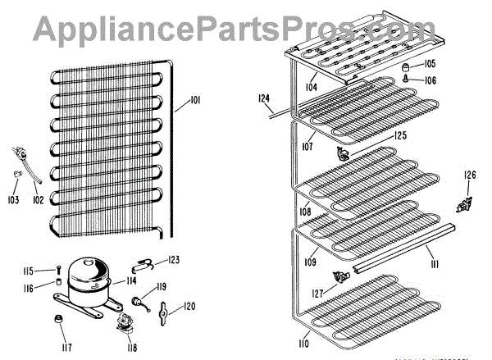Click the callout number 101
(x=195, y=101)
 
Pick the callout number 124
(x=264, y=98)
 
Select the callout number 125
(x=399, y=134)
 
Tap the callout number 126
(x=470, y=174)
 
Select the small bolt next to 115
(x=59, y=271)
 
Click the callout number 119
(x=162, y=286)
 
